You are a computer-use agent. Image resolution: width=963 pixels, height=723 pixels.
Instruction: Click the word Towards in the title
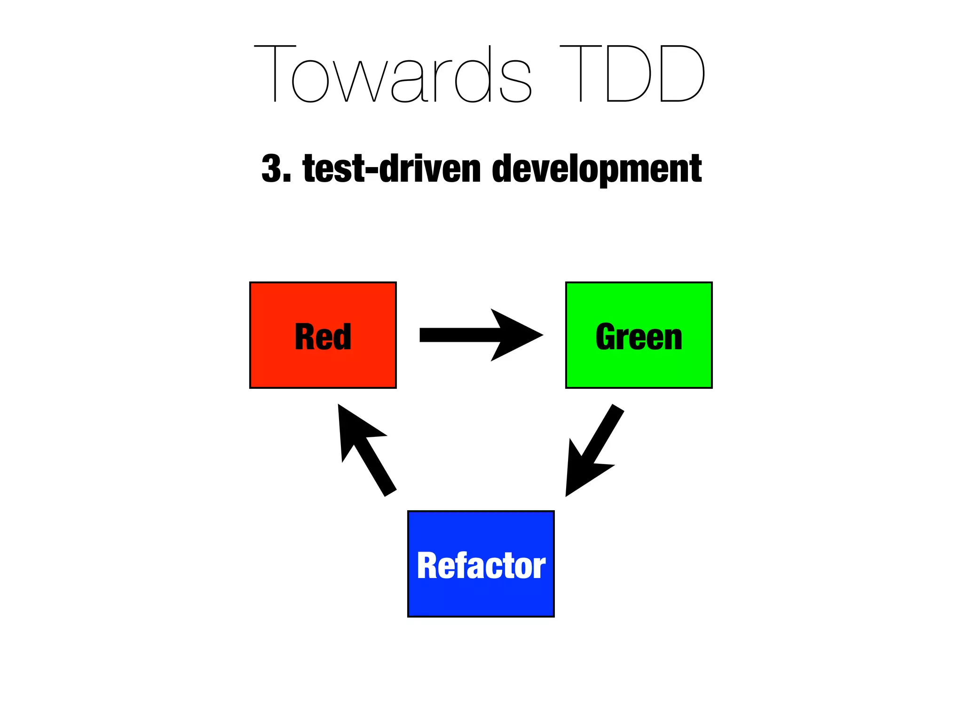pos(393,74)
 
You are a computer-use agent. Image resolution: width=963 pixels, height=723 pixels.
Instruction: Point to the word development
pos(597,169)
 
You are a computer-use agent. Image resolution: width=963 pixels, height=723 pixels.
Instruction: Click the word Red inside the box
pos(323,337)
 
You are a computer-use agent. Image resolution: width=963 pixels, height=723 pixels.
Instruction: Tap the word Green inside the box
pos(639,337)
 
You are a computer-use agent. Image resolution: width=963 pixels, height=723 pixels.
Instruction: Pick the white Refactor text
pos(481,566)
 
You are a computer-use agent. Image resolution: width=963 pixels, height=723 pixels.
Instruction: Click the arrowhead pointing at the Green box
pos(517,335)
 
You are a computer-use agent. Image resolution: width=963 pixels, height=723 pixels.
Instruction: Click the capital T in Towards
pos(275,74)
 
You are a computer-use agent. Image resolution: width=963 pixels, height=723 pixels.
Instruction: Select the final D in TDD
pos(682,74)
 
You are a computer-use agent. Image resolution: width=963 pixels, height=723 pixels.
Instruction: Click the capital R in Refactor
pos(428,566)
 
